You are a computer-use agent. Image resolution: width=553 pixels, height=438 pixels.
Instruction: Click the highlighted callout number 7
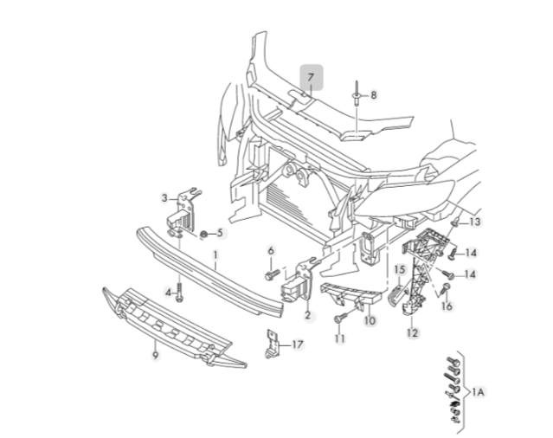(311, 77)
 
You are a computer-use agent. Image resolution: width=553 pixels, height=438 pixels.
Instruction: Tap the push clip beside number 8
(355, 94)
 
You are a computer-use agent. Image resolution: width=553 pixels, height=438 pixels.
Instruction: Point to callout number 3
(164, 198)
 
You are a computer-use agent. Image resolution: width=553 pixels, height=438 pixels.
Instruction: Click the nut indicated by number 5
(203, 233)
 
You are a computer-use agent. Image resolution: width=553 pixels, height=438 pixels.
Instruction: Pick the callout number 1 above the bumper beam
(216, 255)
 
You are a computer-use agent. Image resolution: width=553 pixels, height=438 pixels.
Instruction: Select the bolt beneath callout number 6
(269, 274)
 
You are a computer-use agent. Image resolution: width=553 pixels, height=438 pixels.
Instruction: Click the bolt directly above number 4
(179, 288)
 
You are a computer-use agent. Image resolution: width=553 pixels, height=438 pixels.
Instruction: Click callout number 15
(400, 270)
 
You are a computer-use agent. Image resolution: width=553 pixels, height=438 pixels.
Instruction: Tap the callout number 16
(447, 306)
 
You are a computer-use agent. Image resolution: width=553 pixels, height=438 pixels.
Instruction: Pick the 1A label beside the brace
(478, 392)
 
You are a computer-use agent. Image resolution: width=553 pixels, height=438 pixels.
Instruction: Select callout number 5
(220, 233)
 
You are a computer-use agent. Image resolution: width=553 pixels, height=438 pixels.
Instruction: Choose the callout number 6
(270, 251)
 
